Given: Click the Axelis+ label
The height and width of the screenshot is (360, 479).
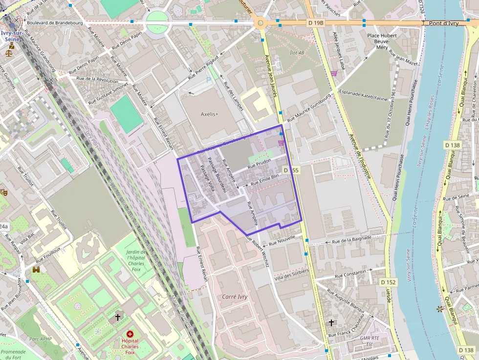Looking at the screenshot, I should click(210, 114).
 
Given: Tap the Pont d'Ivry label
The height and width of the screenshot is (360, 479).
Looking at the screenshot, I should click(443, 23).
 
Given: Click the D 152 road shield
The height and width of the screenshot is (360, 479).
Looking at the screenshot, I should click(388, 282).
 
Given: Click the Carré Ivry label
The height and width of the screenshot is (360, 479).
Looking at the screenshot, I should click(235, 296).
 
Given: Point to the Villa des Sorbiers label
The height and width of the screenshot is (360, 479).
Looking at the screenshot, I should click(292, 274).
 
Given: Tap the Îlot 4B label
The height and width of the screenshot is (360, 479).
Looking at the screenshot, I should click(297, 53).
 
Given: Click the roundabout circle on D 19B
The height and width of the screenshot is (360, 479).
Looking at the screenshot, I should click(261, 23).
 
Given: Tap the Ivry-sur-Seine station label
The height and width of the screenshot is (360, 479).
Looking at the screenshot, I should click(10, 36).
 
